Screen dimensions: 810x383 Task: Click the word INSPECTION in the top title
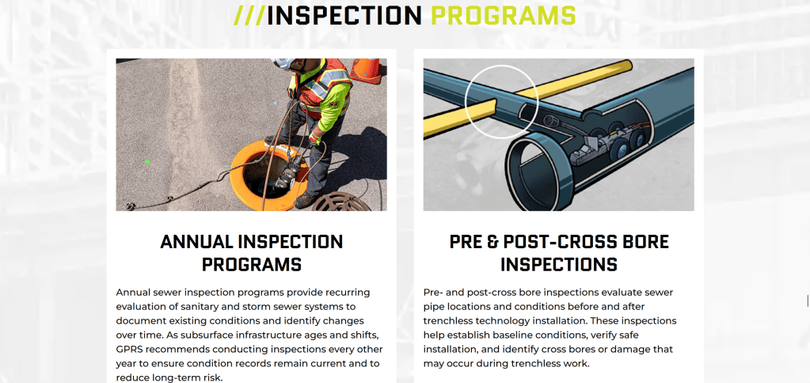point(344,16)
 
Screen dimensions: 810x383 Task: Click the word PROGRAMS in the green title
point(503,16)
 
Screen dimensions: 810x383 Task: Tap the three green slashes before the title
point(249,16)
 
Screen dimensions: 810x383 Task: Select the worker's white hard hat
point(284,63)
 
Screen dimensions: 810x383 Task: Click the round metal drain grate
point(341,202)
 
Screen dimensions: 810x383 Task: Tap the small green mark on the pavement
point(147,162)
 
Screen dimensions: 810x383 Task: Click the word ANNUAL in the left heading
point(196,242)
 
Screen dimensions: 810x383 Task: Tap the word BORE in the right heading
point(645,242)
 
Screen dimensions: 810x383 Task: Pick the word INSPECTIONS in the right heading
point(559,265)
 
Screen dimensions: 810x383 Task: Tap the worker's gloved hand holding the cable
point(314,139)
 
